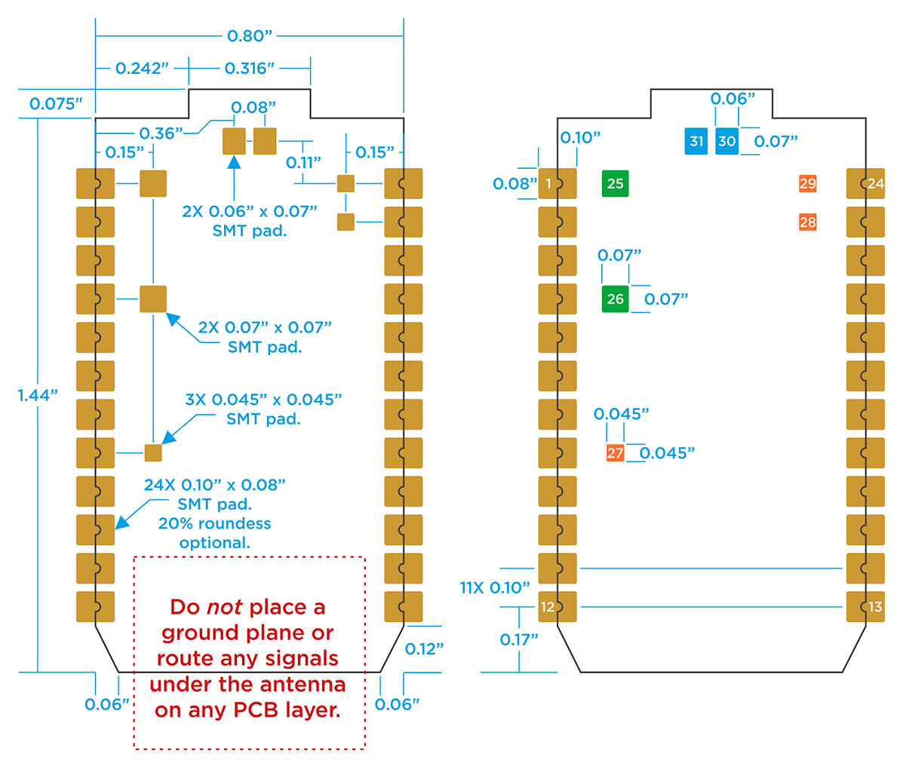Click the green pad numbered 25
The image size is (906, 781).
(x=615, y=183)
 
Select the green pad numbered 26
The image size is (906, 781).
(x=615, y=299)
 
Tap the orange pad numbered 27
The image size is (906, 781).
(x=615, y=453)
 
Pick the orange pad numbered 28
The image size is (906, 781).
(x=807, y=222)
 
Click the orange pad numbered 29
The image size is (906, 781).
(x=807, y=183)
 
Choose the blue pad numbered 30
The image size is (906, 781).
(x=726, y=141)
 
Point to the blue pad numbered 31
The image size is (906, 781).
(x=696, y=141)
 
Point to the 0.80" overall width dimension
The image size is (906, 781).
(x=249, y=35)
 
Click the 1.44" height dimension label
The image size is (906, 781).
(x=38, y=395)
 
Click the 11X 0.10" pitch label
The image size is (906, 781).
(x=495, y=587)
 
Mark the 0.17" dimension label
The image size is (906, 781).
(x=519, y=639)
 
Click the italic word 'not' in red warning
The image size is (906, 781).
(x=225, y=607)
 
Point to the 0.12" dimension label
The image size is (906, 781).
(x=424, y=648)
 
